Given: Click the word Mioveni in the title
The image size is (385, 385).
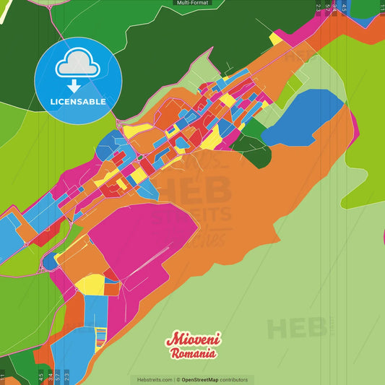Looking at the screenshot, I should tap(194, 339).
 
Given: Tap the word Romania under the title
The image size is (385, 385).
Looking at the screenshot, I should tap(193, 354).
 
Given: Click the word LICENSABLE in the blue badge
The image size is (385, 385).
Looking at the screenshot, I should tap(78, 102).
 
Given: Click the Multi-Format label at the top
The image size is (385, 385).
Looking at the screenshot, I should tap(193, 3).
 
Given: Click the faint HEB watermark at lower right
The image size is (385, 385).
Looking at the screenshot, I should tap(296, 329).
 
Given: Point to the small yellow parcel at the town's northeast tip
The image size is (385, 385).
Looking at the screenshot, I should tap(276, 38).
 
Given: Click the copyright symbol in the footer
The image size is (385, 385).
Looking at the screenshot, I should tap(178, 379).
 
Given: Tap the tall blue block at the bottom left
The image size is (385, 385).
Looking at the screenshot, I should tap(95, 311).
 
